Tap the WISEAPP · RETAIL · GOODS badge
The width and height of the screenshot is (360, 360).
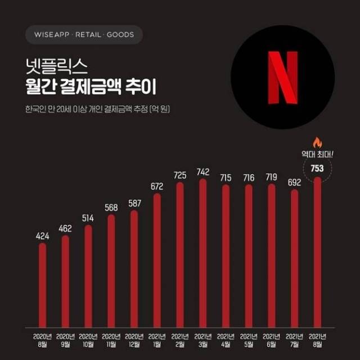coord(84,35)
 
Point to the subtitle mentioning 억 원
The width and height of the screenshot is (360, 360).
coord(97,109)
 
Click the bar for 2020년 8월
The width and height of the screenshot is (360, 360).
coord(43,284)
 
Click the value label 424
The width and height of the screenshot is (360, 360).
coord(43,236)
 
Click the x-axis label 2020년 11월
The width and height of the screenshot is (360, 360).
coord(111,340)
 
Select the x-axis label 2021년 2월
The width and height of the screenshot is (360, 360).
coord(180,340)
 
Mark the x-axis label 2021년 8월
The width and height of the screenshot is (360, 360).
coord(317,340)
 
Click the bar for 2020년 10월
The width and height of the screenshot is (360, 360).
coord(88,276)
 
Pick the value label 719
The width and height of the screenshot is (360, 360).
coord(271,178)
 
